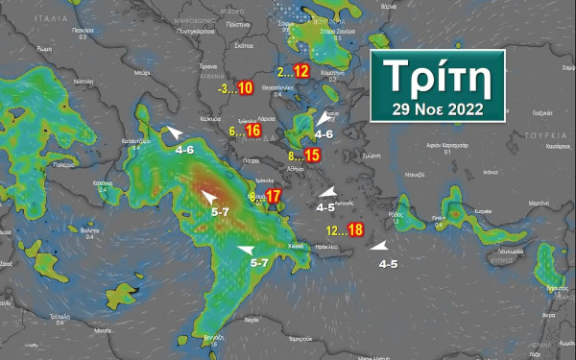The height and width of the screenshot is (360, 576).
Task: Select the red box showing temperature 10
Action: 245,88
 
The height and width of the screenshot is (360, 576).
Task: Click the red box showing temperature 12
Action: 300,71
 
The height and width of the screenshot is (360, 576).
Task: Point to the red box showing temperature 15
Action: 312,156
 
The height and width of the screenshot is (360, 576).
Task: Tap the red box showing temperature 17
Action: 274,197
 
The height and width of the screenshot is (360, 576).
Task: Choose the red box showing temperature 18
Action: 355,229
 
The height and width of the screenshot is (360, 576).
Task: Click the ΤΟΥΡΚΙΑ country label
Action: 551,136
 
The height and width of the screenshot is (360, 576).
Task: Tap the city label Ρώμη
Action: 44,46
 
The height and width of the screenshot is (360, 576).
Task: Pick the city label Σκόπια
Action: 244,46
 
